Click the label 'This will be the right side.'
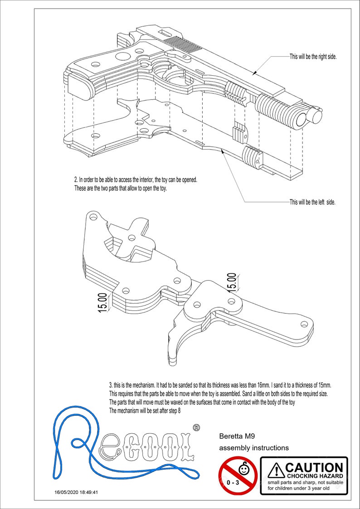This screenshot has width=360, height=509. [313, 57]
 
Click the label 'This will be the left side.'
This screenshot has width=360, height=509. [312, 202]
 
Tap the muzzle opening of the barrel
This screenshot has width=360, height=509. [301, 119]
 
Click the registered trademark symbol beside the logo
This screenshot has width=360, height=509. [196, 427]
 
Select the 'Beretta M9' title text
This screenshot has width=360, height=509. [236, 437]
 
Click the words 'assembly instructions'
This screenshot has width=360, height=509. [254, 448]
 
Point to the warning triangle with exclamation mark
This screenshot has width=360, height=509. [276, 470]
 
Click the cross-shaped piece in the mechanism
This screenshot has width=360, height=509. [132, 236]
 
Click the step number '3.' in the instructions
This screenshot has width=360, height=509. [112, 385]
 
